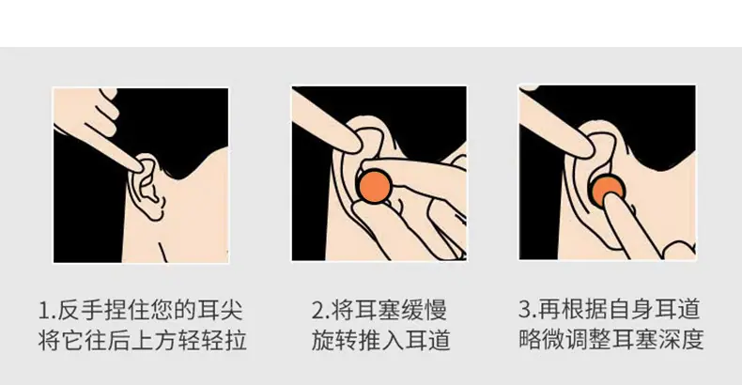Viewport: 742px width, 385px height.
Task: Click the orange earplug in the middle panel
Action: pyautogui.click(x=375, y=186)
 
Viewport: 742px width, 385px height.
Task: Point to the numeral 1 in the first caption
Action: pyautogui.click(x=44, y=311)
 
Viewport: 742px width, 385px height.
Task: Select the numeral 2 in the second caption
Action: pyautogui.click(x=318, y=311)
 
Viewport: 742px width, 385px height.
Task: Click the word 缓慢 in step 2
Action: pyautogui.click(x=424, y=310)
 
